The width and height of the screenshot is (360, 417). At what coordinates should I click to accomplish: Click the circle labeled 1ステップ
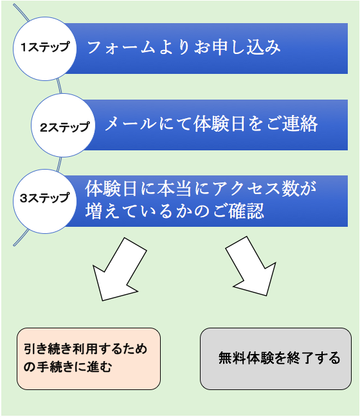45,49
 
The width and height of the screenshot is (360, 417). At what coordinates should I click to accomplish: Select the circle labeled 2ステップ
63,125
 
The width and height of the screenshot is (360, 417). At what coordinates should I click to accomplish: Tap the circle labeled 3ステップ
45,201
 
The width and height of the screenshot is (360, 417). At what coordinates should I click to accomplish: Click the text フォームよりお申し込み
184,48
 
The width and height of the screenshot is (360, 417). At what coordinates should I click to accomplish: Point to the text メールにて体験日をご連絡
212,124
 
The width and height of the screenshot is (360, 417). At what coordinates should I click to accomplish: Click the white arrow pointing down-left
120,269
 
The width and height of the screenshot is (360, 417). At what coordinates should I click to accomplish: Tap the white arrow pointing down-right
251,266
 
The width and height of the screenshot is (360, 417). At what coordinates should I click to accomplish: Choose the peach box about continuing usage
89,359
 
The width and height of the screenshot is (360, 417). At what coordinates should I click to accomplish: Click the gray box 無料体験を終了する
276,359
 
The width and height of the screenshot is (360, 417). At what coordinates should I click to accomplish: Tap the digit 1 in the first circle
23,48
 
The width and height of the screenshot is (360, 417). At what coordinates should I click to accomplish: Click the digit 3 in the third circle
24,198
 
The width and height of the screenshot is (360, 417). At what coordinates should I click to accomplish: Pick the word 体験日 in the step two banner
219,124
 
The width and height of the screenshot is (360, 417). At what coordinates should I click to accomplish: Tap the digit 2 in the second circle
44,128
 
